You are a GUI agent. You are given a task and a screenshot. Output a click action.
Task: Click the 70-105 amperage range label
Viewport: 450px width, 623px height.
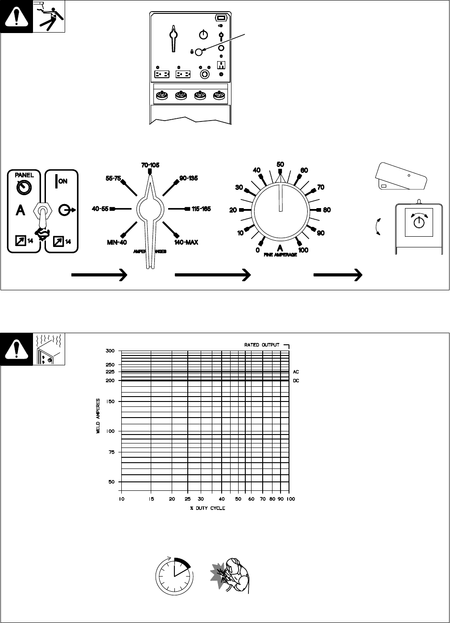[x=150, y=165]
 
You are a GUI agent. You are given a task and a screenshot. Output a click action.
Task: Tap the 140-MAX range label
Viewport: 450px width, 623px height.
[x=187, y=242]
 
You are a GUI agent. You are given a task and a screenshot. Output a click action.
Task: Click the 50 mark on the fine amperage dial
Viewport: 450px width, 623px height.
[x=281, y=164]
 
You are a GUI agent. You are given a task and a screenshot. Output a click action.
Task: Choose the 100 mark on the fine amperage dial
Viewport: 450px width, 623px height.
[x=303, y=250]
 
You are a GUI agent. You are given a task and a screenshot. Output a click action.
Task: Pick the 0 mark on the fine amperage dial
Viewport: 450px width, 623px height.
[x=257, y=250]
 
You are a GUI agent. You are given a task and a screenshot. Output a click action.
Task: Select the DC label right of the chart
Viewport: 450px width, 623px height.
[x=296, y=380]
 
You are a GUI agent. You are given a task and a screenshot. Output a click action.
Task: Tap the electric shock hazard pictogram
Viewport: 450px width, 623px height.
[x=50, y=16]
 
